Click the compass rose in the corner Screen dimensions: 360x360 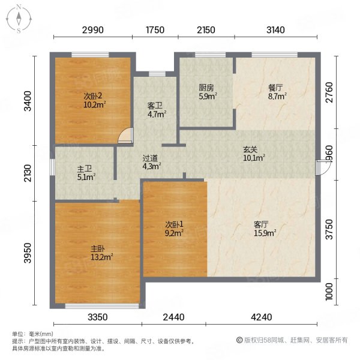tap(19, 19)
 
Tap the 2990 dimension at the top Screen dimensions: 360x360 tap(93, 30)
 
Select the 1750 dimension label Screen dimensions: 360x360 tap(155, 30)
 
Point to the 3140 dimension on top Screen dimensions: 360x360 tap(275, 30)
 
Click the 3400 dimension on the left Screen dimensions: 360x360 tap(28, 101)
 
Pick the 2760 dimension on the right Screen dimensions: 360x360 tap(329, 92)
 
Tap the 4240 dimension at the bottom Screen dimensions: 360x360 tap(261, 317)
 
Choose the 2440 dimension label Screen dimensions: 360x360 tap(173, 317)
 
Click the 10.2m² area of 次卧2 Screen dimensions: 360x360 tap(94, 105)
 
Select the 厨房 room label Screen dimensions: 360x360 tap(206, 88)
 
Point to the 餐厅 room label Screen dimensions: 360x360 tap(275, 88)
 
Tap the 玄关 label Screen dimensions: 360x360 tap(250, 149)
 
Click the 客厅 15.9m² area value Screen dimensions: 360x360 tap(265, 233)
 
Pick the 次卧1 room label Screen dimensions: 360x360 tap(174, 224)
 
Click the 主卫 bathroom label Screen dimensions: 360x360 tap(84, 169)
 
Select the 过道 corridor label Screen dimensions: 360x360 tap(150, 158)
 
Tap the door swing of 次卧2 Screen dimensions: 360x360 tap(125, 136)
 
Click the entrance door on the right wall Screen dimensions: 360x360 tap(323, 168)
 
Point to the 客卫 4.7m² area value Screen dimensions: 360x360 tap(157, 114)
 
